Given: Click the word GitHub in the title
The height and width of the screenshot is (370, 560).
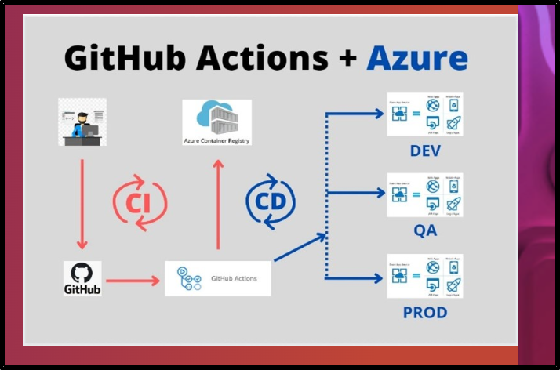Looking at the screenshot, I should click(x=118, y=58).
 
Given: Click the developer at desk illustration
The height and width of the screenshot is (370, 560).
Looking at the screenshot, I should click(x=82, y=122).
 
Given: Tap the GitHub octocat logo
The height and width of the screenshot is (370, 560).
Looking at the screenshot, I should click(x=82, y=274).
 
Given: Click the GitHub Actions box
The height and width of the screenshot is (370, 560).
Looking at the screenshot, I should click(x=217, y=278).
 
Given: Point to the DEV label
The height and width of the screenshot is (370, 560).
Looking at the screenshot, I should click(x=424, y=151).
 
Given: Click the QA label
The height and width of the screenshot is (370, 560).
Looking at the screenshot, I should click(x=424, y=231).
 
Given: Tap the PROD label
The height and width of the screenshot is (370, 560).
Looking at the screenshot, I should click(x=424, y=312).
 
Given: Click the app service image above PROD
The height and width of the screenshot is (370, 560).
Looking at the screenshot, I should click(x=424, y=276).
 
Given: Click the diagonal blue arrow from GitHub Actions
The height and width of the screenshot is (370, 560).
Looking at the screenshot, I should click(x=300, y=247).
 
